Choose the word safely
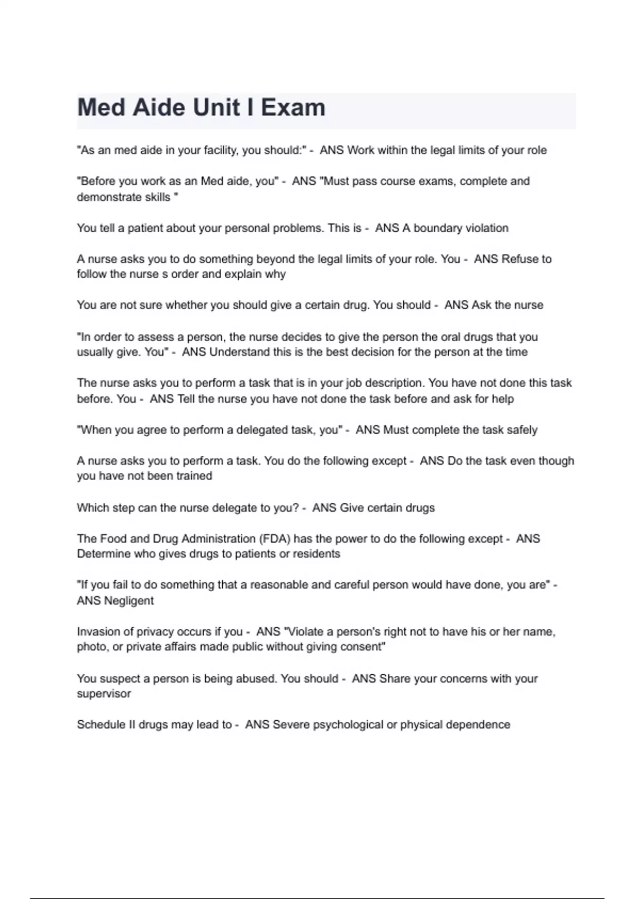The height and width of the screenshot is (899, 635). click(522, 430)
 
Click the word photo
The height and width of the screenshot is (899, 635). click(93, 647)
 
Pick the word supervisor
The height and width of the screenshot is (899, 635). click(104, 694)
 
